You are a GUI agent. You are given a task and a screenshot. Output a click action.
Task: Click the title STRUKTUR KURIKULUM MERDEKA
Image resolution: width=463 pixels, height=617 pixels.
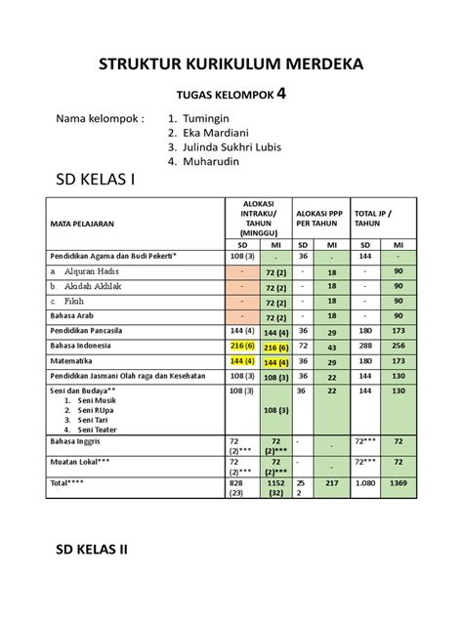coord(231,65)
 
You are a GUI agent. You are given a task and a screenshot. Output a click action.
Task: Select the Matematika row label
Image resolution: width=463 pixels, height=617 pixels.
coord(72,361)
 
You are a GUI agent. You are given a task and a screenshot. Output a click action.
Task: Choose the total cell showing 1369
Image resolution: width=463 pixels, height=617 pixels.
coord(399,484)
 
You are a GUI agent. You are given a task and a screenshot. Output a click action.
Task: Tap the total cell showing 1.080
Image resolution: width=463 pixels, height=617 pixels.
coord(366,484)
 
